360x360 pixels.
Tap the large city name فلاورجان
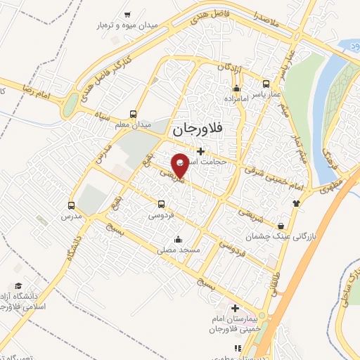197,129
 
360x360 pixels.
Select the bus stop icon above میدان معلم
134,114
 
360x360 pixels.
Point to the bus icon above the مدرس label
71,206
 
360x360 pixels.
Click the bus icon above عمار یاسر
265,82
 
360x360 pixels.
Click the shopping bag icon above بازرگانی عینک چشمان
282,226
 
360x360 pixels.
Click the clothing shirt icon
297,202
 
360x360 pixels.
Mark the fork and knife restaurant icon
238,347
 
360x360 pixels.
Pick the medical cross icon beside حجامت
200,150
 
